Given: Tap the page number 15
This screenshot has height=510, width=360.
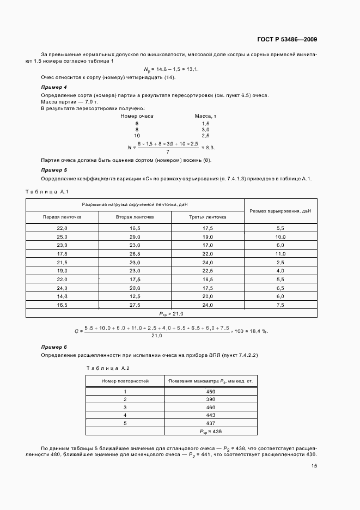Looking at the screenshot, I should point(314,466).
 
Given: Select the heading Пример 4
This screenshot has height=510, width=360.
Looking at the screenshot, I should point(54,87).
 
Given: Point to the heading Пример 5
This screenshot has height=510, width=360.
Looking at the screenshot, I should point(54,170).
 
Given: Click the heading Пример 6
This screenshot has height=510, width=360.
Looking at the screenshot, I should point(54,347).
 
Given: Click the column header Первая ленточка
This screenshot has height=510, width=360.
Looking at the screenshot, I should point(62,217).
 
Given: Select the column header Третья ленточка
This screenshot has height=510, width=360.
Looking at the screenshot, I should point(208,217).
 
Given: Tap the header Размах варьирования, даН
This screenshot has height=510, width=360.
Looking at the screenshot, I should point(280,210).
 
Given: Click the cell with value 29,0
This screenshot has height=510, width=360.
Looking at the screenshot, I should point(135,237).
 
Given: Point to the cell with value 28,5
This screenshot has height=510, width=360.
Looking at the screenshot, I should point(135,254).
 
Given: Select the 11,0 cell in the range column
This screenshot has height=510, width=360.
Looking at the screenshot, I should point(280,254).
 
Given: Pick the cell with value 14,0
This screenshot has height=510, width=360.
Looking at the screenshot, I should point(62,296).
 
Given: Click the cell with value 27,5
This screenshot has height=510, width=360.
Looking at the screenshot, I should point(135,305).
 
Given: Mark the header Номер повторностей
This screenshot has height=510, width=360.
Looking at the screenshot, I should point(125,380).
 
